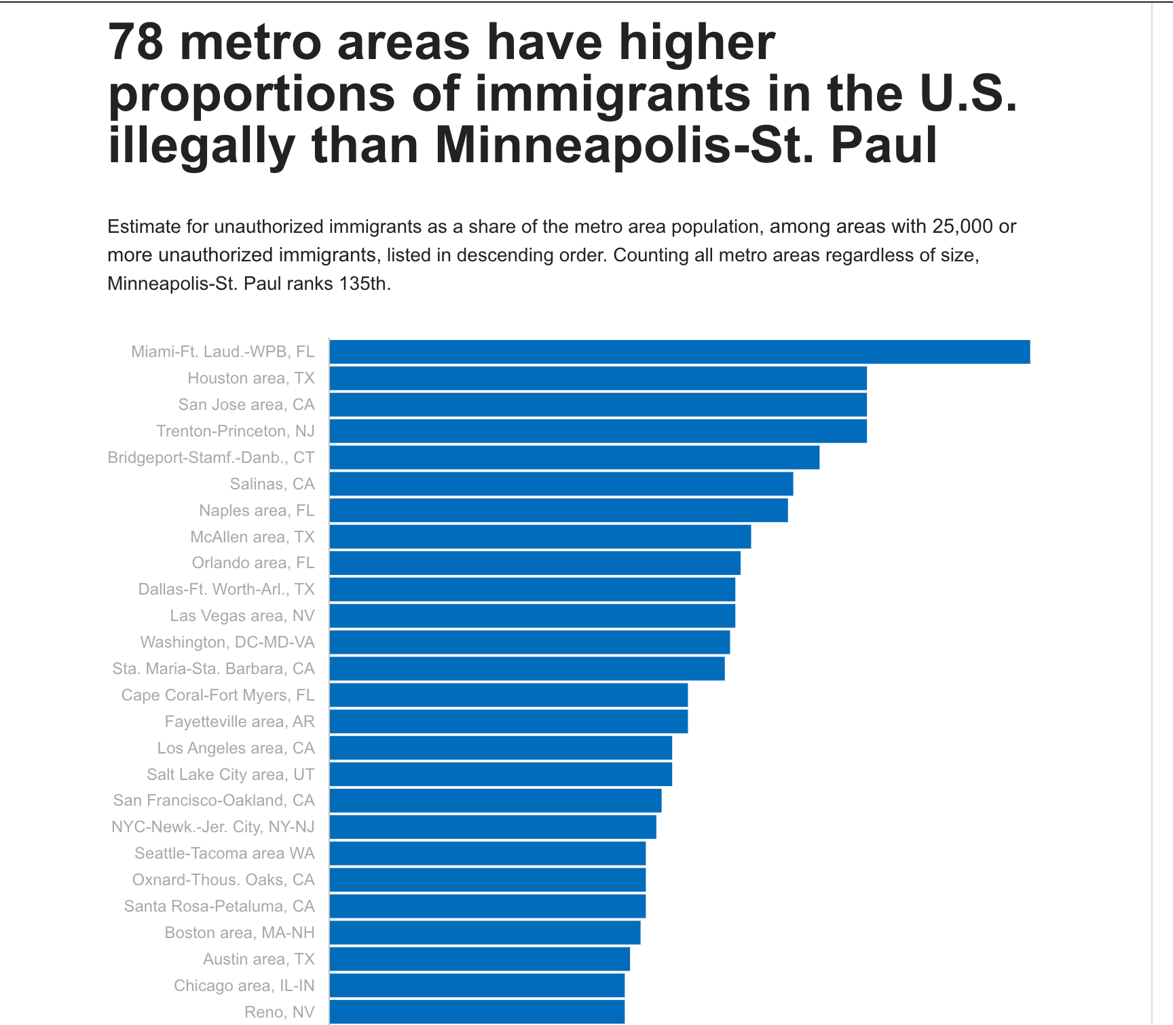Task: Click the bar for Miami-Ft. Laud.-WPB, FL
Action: coord(679,352)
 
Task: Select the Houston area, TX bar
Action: coord(597,378)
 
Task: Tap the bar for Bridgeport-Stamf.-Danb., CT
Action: coord(574,458)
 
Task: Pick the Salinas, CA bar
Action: coord(561,484)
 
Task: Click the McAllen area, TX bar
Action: coord(540,537)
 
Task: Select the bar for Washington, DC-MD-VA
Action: coord(529,642)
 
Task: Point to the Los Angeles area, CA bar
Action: coord(500,748)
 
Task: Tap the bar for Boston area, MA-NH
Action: coord(485,933)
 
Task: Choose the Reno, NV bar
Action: coord(477,1012)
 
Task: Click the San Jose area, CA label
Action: coord(246,405)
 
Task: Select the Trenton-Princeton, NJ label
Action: coord(236,431)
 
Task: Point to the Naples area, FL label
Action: coord(257,510)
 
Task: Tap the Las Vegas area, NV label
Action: coord(242,616)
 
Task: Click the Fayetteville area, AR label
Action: coord(240,722)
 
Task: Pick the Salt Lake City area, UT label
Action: coord(231,775)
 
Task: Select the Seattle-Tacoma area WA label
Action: coord(225,853)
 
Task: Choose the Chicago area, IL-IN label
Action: coord(244,986)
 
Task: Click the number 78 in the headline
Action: coord(136,42)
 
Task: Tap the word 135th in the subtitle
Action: coord(364,283)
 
